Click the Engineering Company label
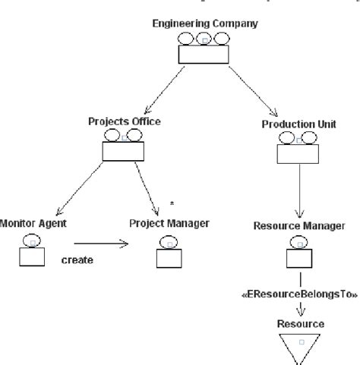[204, 24]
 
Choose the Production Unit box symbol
[298, 149]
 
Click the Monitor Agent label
[33, 223]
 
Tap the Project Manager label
[169, 223]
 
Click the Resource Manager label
[300, 226]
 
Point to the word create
[77, 260]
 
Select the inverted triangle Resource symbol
[301, 347]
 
